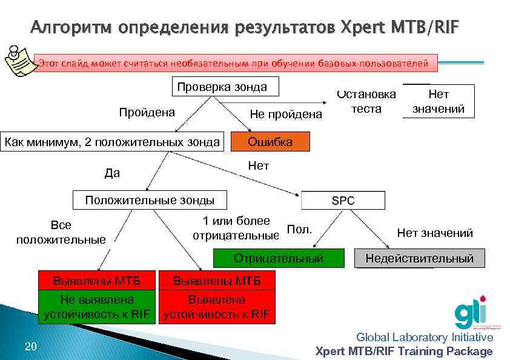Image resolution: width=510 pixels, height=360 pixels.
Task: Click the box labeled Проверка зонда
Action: click(222, 87)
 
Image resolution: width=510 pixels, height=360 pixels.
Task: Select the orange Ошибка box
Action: click(270, 142)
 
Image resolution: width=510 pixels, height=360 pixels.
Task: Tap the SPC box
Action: click(343, 201)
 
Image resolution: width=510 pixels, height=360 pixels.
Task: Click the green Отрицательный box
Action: click(279, 259)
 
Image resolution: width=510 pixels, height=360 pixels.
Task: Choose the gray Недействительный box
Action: click(419, 259)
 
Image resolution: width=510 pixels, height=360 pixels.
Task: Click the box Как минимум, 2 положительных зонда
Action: click(112, 142)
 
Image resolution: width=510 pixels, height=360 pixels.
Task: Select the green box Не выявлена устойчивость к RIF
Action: click(97, 307)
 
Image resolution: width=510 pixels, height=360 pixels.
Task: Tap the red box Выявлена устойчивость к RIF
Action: click(217, 307)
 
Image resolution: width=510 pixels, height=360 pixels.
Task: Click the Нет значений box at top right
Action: click(438, 101)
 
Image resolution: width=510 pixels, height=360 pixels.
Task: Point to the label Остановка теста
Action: click(366, 101)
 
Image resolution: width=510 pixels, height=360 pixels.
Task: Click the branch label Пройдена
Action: click(147, 112)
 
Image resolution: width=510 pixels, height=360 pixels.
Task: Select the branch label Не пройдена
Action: click(286, 114)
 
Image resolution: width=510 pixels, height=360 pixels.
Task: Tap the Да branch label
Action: click(112, 173)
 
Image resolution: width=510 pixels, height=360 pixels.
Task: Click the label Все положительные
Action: click(61, 232)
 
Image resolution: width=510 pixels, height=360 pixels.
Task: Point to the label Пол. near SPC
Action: click(299, 229)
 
